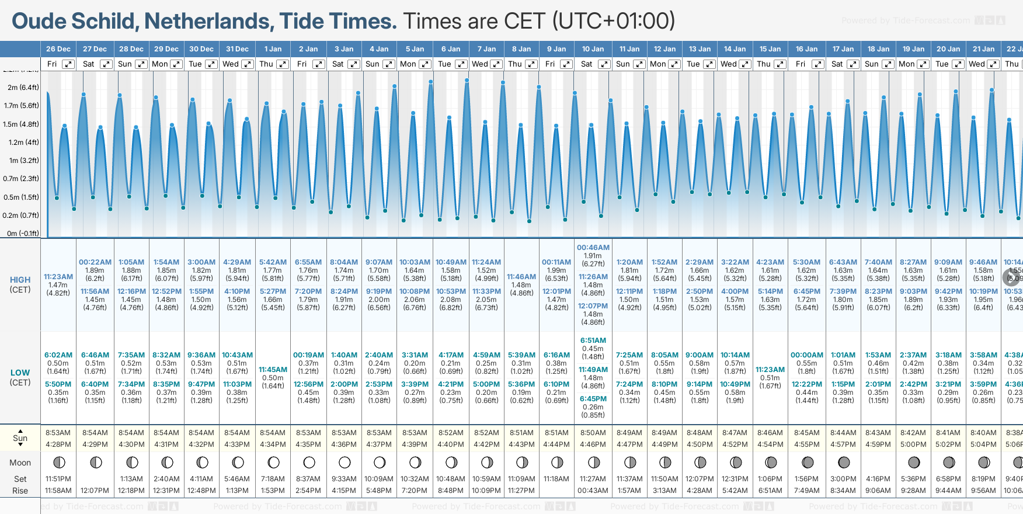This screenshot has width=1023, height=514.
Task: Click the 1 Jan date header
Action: (x=273, y=49)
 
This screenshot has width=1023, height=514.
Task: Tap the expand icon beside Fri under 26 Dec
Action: (x=68, y=64)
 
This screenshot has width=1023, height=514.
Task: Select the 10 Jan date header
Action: (x=593, y=49)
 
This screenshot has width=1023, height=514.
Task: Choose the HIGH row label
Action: (x=20, y=280)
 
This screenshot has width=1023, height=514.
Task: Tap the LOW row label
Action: (x=20, y=373)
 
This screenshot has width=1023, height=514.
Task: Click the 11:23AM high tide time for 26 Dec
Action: (x=58, y=277)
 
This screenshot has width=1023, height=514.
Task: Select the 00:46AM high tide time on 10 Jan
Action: (x=593, y=248)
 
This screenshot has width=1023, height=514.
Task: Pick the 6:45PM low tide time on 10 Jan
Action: (x=593, y=399)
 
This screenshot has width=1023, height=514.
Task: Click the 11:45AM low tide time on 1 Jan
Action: (x=273, y=370)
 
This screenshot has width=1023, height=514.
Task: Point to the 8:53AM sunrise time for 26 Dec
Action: (x=58, y=433)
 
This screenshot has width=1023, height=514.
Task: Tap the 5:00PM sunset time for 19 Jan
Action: (x=913, y=444)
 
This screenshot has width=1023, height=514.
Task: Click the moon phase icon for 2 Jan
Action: (x=309, y=463)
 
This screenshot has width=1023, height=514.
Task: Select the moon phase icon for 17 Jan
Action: (x=843, y=463)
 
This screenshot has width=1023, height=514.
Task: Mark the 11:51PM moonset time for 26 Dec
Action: (x=58, y=479)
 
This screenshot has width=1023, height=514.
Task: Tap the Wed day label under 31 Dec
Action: (x=231, y=64)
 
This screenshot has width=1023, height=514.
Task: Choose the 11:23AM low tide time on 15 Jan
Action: (x=770, y=370)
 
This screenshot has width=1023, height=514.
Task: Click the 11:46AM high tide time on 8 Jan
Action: (x=521, y=277)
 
